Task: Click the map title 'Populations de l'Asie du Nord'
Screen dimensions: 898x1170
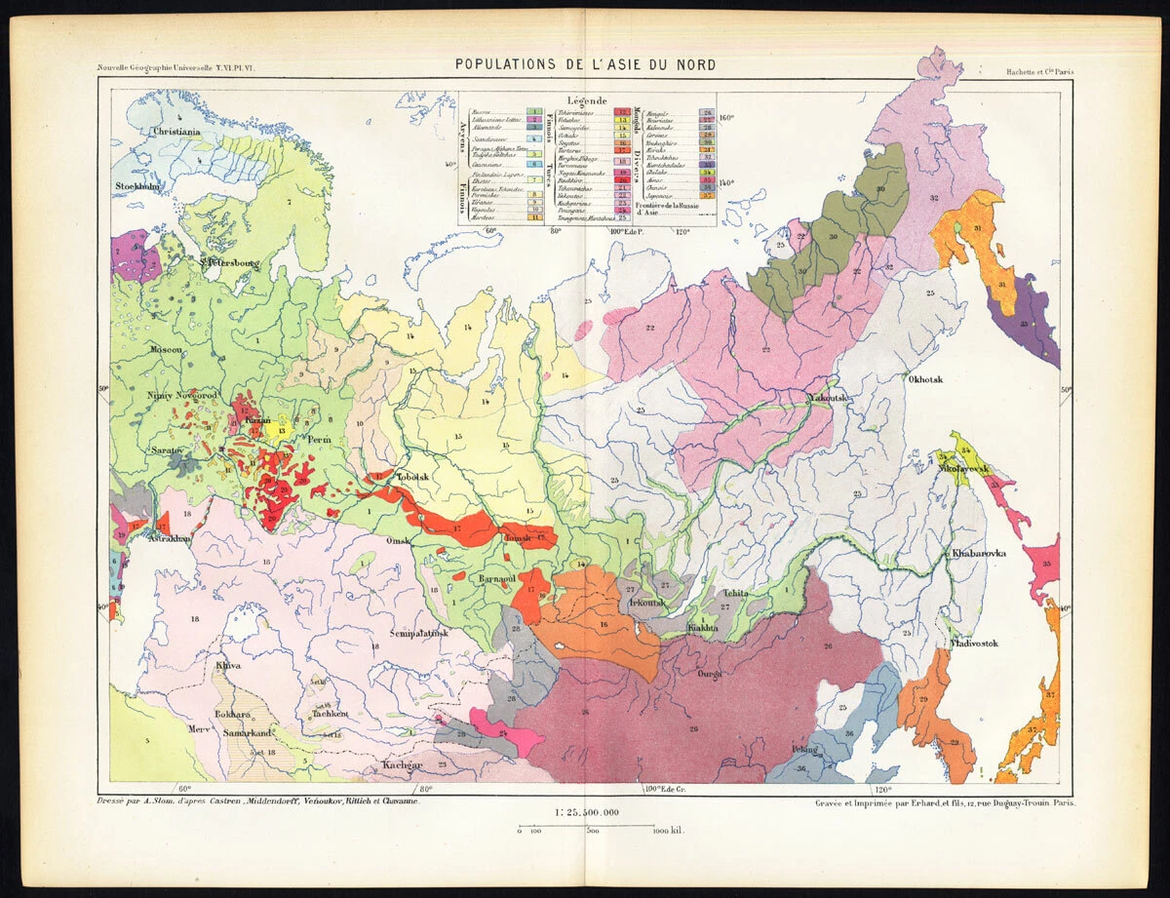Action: pyautogui.click(x=585, y=65)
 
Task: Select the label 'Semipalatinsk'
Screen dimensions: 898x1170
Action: pyautogui.click(x=419, y=634)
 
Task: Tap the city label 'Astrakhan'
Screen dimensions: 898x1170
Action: pyautogui.click(x=169, y=538)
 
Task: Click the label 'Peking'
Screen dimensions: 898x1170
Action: pyautogui.click(x=805, y=749)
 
